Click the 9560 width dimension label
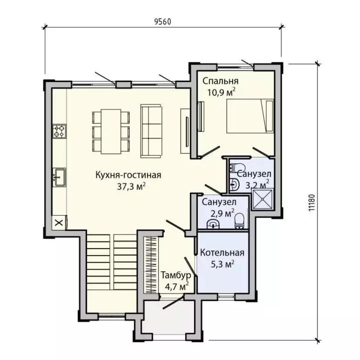pyautogui.click(x=163, y=22)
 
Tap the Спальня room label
pyautogui.click(x=221, y=81)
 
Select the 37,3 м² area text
pyautogui.click(x=131, y=186)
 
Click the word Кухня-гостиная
pyautogui.click(x=128, y=175)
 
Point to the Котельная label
pyautogui.click(x=222, y=253)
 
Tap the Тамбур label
pyautogui.click(x=176, y=275)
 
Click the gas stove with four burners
pyautogui.click(x=59, y=131)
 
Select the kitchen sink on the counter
pyautogui.click(x=59, y=177)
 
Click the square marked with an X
pyautogui.click(x=59, y=222)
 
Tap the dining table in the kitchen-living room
pyautogui.click(x=111, y=132)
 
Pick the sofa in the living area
pyautogui.click(x=151, y=131)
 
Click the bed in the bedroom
pyautogui.click(x=250, y=116)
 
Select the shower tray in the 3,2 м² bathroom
pyautogui.click(x=262, y=199)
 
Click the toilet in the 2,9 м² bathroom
pyautogui.click(x=239, y=221)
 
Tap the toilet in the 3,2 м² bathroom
pyautogui.click(x=235, y=168)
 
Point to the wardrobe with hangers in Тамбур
pyautogui.click(x=151, y=265)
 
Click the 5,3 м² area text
pyautogui.click(x=222, y=264)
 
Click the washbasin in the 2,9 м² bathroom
pyautogui.click(x=213, y=224)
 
